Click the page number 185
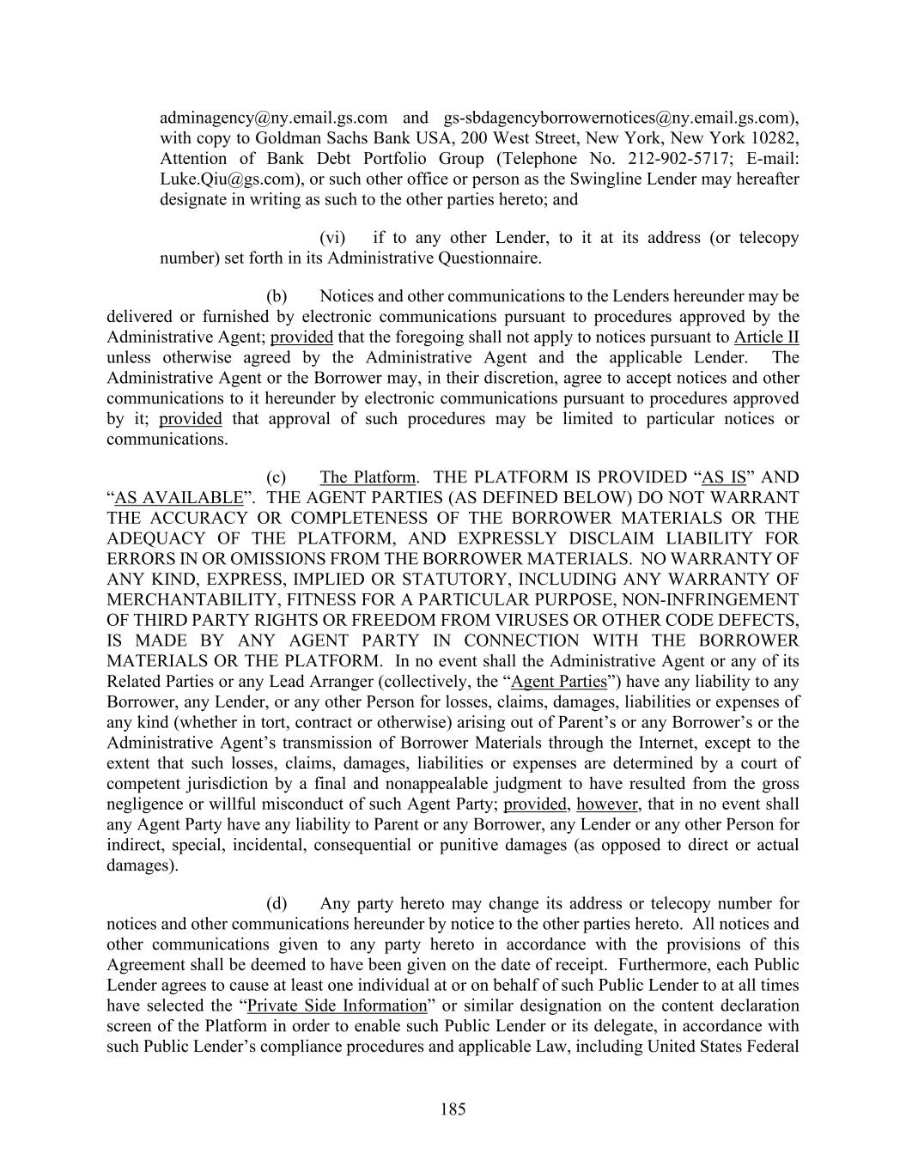453,1108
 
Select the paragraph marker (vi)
332,238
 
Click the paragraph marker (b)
276,296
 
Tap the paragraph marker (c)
276,477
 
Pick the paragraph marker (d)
276,903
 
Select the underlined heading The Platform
368,477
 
